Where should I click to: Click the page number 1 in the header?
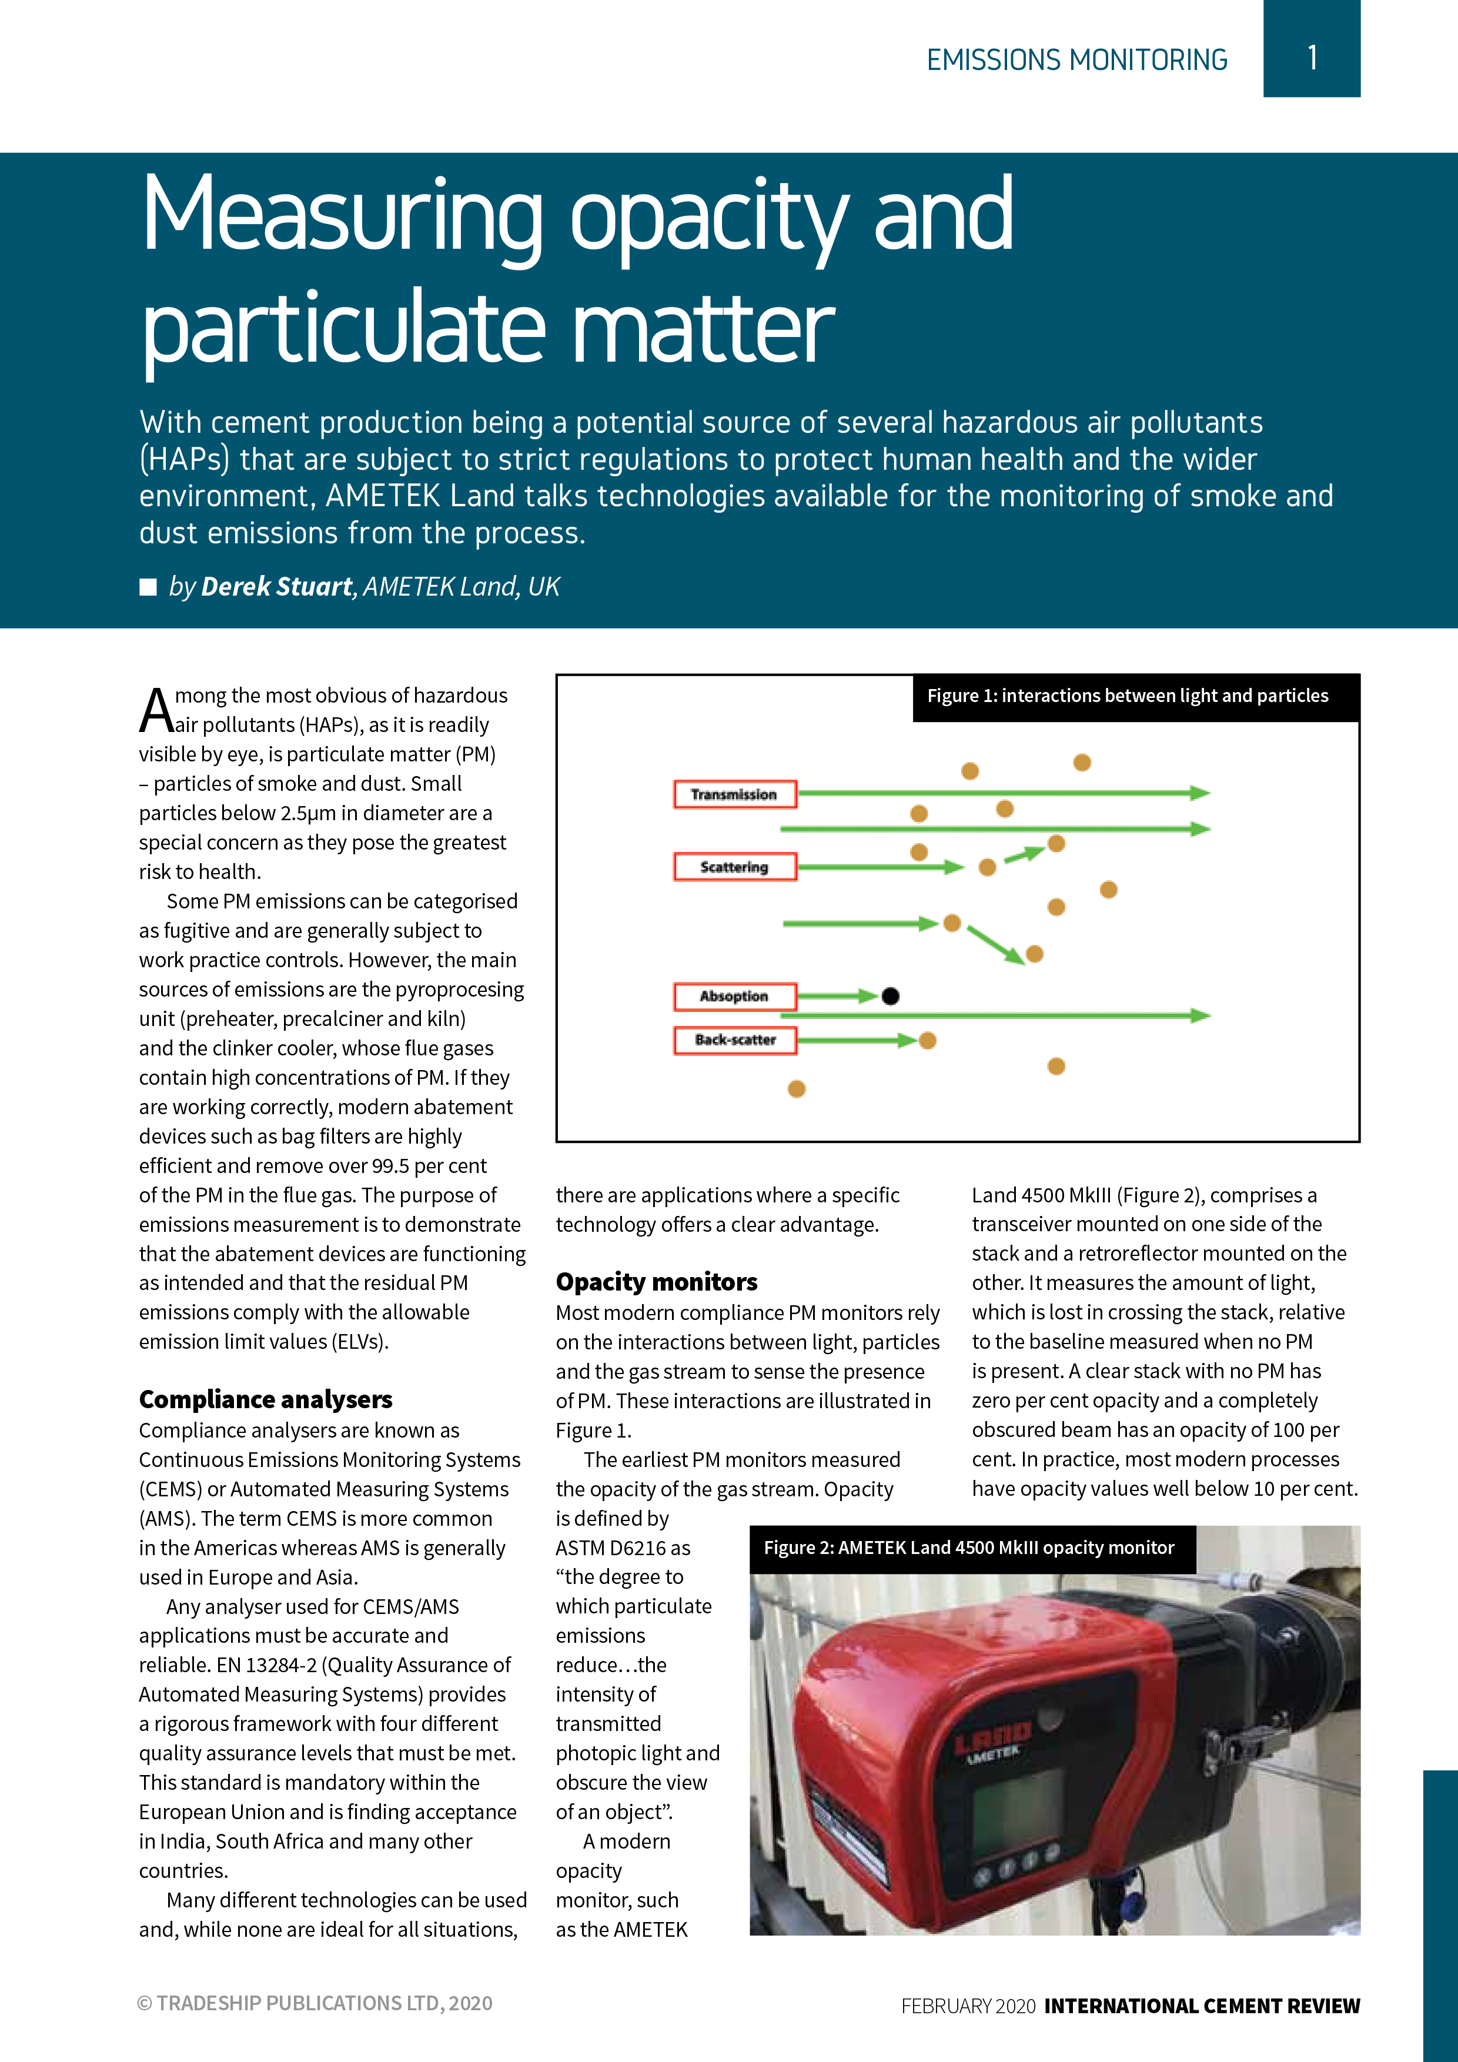1312,58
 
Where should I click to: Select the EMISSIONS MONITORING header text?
1076,60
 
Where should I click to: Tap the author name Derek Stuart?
276,586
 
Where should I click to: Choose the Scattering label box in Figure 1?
734,867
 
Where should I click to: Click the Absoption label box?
734,996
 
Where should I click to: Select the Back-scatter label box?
734,1040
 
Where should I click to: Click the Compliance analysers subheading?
266,1399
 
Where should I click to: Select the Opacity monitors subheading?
656,1282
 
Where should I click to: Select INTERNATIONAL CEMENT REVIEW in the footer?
1202,2006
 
